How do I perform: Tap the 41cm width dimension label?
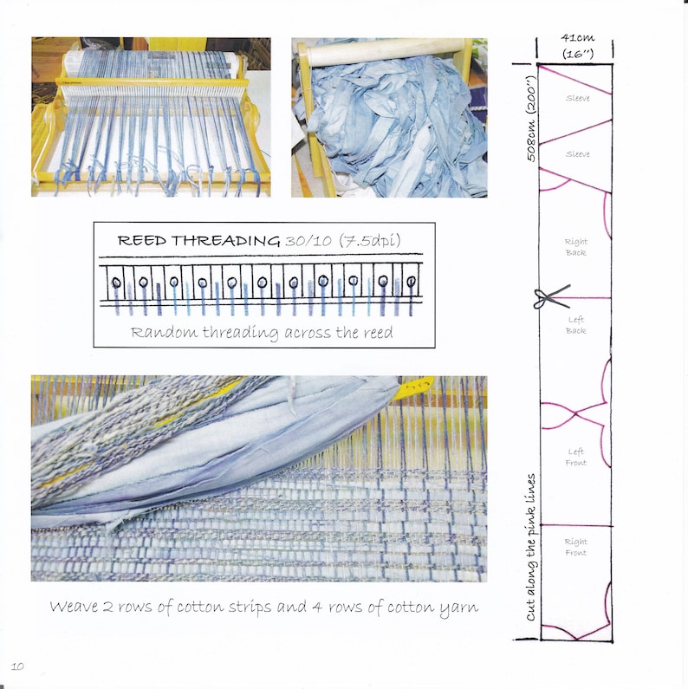point(576,38)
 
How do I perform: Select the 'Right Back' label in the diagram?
point(575,247)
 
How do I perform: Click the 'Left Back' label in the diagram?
point(576,325)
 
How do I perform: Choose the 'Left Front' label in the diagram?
point(576,457)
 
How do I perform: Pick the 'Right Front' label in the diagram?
point(575,547)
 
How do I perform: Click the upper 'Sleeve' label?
point(577,99)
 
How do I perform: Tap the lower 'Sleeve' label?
point(577,154)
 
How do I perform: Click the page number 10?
point(17,665)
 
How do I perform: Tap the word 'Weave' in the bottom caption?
point(74,607)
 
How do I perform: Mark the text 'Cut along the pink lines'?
point(530,547)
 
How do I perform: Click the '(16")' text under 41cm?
point(576,54)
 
